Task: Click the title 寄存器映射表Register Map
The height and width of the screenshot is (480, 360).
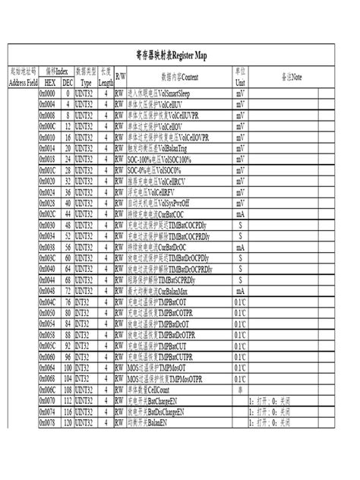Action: click(x=180, y=56)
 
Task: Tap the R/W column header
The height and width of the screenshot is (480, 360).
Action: click(x=121, y=78)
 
